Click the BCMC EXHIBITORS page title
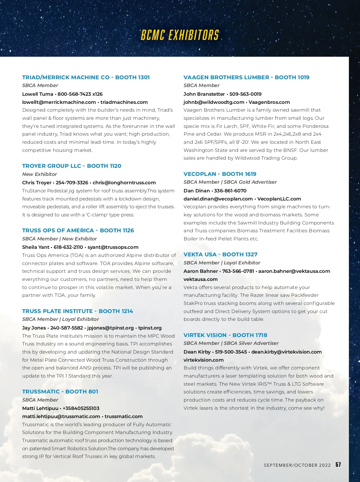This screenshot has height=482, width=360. (180, 35)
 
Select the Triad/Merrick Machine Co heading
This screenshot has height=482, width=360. (86, 77)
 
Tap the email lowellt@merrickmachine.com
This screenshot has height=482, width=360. (59, 102)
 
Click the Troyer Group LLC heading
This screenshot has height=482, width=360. (72, 166)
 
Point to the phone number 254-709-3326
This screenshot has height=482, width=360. (72, 183)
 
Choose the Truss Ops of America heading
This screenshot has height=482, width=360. (78, 230)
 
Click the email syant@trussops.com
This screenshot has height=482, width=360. (113, 247)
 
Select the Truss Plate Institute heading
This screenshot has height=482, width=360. (77, 311)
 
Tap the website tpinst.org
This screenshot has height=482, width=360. (150, 328)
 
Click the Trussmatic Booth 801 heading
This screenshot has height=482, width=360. (60, 392)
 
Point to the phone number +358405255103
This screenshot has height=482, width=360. (81, 408)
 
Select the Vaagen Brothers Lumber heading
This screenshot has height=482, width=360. (246, 77)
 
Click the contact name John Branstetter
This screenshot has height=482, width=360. (204, 94)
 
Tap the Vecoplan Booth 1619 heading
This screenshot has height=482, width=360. (220, 174)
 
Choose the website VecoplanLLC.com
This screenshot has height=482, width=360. (279, 199)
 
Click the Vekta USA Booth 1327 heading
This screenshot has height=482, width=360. (220, 255)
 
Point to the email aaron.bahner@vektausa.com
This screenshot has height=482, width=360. (294, 271)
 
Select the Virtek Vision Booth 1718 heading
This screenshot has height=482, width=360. (225, 335)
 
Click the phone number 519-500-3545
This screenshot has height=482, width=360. (231, 352)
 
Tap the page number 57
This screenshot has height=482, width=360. (338, 465)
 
